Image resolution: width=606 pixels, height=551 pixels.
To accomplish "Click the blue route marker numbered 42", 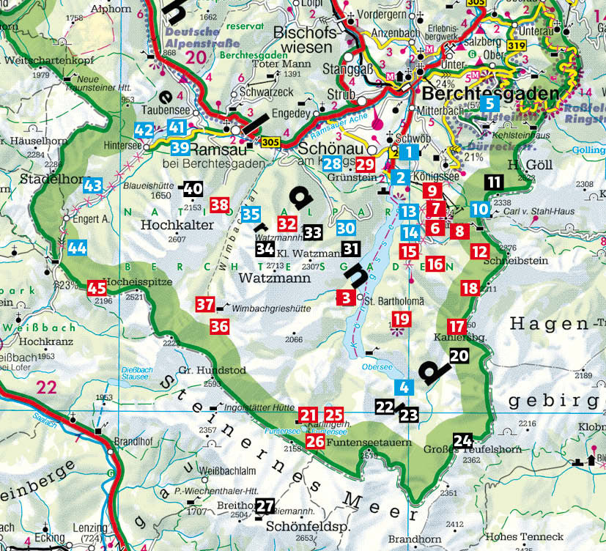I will tap(144, 130).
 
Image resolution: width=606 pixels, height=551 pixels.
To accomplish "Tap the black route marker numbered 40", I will tap(193, 189).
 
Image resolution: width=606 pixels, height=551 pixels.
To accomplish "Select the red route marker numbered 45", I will tap(96, 288).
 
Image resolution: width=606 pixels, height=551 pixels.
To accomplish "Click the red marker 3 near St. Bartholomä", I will tap(345, 297).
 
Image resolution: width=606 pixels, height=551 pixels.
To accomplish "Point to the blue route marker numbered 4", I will tap(402, 387).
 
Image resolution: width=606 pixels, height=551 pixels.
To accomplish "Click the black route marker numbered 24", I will tap(462, 440).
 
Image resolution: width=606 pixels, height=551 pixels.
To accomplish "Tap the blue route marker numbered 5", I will tap(492, 103).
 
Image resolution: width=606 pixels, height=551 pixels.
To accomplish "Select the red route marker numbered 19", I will tap(401, 319).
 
